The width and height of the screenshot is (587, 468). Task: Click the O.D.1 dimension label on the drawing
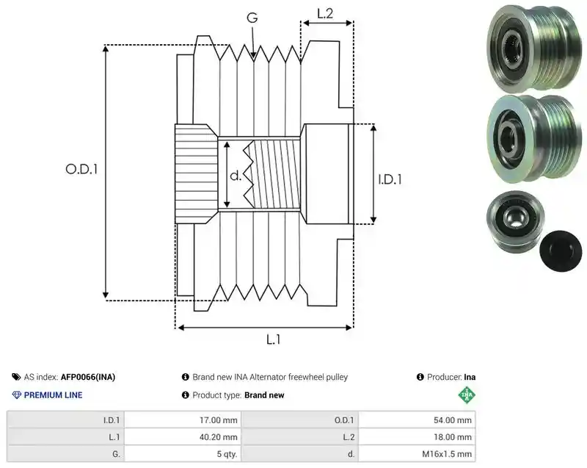81,170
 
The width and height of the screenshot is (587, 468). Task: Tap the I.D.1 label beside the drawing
390,179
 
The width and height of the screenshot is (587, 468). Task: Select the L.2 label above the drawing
325,13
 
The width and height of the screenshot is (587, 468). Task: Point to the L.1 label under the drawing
273,339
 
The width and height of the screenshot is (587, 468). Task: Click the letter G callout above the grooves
252,17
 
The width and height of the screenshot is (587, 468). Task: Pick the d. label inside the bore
236,176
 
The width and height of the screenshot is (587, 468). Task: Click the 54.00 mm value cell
417,420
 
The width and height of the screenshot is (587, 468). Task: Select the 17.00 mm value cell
183,420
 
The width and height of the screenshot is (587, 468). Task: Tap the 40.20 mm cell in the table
183,437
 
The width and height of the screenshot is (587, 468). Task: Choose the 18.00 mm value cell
417,437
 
